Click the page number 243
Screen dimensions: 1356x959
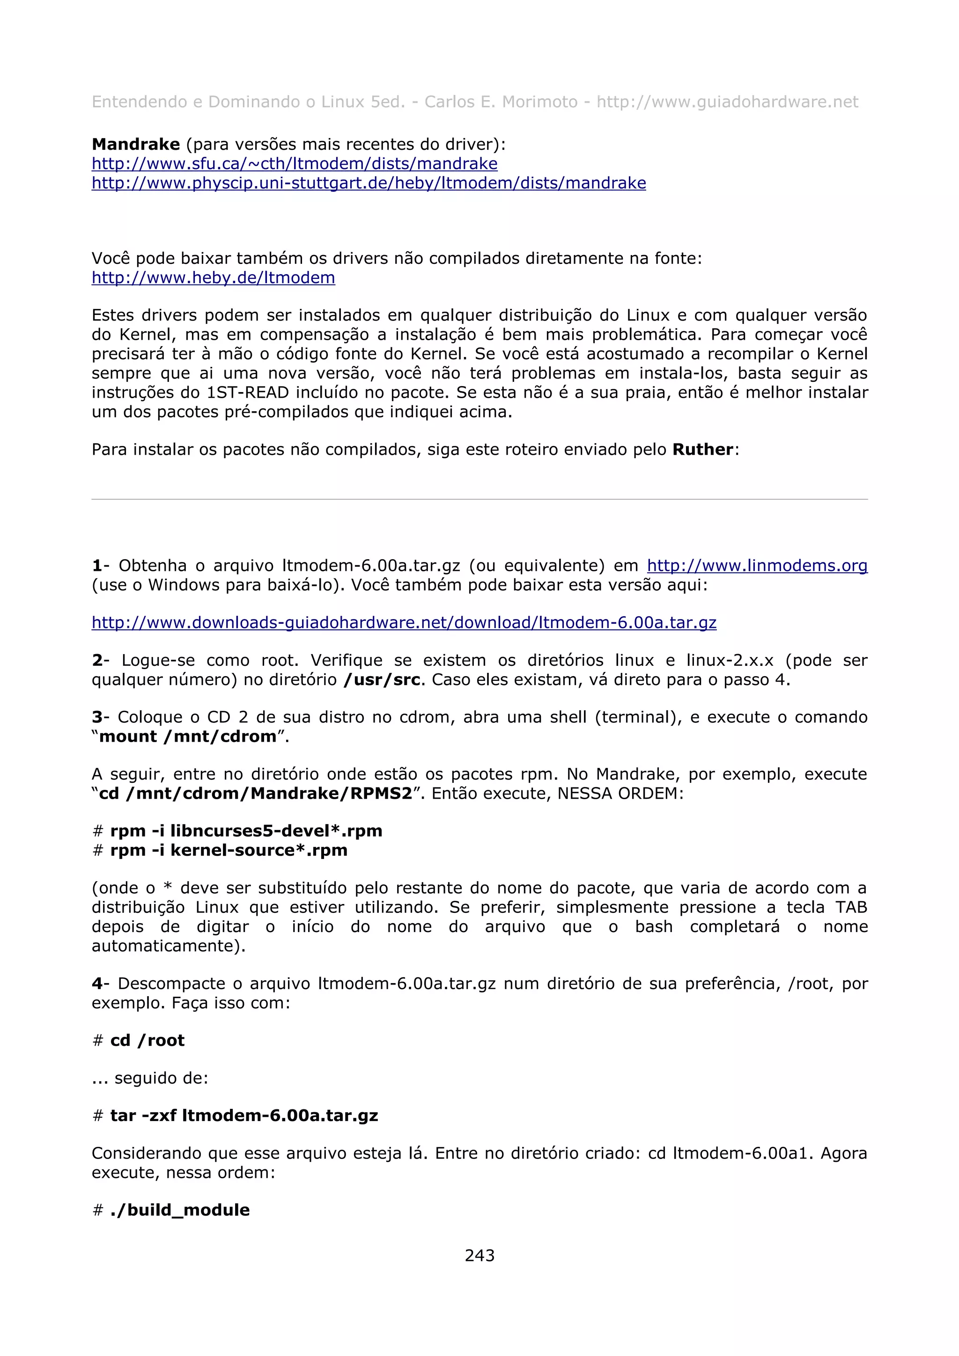479,1255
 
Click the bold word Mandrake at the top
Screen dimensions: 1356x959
136,144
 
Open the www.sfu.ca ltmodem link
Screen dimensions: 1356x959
294,164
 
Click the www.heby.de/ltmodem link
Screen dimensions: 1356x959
214,277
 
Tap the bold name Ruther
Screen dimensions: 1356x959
702,450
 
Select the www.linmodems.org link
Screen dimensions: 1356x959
757,566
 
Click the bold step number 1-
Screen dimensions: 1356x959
100,566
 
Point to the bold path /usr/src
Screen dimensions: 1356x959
382,680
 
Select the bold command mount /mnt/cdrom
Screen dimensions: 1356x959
188,736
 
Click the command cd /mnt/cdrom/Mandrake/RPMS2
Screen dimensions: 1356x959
255,793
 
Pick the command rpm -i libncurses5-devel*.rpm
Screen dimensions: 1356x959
246,831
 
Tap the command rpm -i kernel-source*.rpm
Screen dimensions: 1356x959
229,851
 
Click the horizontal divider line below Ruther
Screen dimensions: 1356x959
479,500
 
